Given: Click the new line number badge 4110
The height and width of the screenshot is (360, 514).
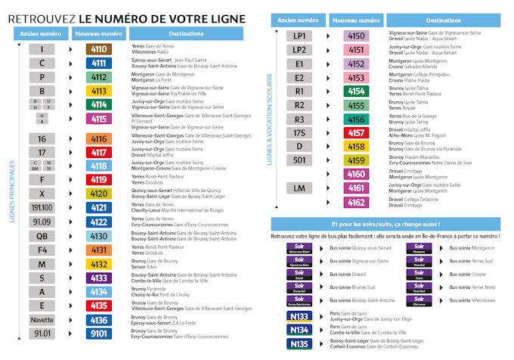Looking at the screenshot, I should pos(99,49).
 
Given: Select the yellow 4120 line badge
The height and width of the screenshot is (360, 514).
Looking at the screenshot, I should pos(99,194).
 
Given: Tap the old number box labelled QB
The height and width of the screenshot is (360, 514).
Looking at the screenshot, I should pos(42,235).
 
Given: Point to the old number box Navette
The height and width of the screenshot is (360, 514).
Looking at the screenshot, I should pos(42,319).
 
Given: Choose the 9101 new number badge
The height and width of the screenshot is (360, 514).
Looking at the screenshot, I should pos(99,333).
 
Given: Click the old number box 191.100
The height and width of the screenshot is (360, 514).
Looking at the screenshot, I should pos(42,207).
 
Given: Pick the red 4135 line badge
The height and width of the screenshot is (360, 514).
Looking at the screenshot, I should pos(99,305).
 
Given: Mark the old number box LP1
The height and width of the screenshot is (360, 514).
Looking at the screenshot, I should pos(299,36).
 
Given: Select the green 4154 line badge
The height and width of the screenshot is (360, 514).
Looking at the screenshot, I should pos(356,91).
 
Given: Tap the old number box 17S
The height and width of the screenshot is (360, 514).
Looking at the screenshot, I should pos(299,132).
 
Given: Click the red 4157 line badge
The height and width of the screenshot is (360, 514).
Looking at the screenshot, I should pos(356,132).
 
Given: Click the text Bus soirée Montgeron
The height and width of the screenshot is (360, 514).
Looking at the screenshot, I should pos(472,248).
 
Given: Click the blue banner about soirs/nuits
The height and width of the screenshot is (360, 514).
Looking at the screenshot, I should pos(385,225).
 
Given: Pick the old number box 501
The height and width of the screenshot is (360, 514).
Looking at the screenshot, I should pos(299,160).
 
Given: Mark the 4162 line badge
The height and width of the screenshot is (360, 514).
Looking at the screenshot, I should pos(356,202).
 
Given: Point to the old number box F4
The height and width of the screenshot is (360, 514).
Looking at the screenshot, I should pos(42,249).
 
